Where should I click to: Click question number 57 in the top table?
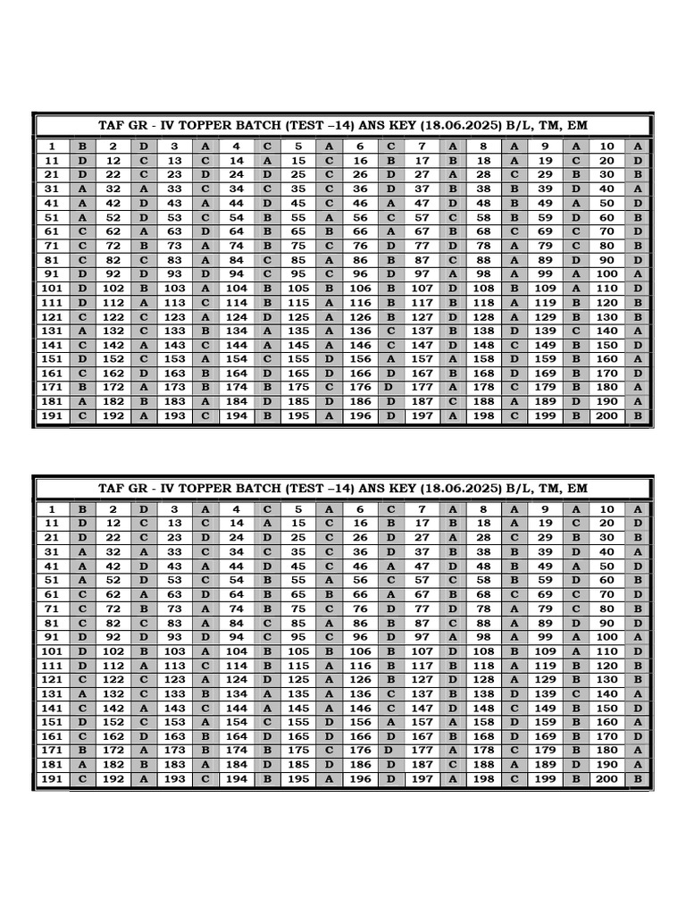click(422, 217)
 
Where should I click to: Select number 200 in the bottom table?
click(607, 779)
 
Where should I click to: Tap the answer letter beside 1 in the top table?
click(83, 147)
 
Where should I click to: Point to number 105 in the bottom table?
click(298, 651)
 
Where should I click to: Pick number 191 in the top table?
click(53, 416)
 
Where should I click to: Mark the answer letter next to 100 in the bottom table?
click(638, 637)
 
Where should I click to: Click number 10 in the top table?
click(607, 147)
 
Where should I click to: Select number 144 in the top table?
click(237, 345)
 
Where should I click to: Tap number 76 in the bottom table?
click(360, 609)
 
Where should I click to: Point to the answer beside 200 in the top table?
click(638, 416)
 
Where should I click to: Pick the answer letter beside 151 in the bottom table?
click(83, 722)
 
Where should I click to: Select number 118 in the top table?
click(483, 302)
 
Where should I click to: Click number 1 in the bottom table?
click(53, 509)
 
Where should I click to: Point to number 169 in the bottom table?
click(545, 736)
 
